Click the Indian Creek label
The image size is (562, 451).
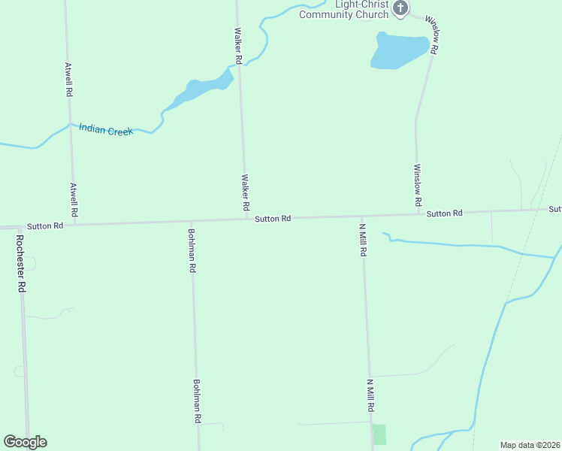click(106, 130)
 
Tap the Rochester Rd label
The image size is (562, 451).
click(21, 264)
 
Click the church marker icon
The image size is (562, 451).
click(400, 9)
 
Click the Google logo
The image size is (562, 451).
click(25, 442)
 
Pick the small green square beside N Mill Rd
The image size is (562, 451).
click(379, 434)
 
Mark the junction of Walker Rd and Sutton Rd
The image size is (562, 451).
click(244, 219)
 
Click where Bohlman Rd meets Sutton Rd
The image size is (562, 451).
click(191, 222)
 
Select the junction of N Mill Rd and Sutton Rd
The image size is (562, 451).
click(362, 216)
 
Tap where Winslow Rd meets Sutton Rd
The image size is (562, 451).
click(418, 214)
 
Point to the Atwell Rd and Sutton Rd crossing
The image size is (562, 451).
click(74, 223)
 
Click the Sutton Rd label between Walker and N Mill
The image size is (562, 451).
click(272, 219)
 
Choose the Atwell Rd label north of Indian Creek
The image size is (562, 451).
click(68, 79)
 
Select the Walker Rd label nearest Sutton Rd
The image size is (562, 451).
click(245, 192)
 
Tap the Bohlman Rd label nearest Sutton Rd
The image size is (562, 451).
click(192, 250)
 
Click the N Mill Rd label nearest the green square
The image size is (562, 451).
click(370, 395)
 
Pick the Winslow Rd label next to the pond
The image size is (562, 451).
click(431, 34)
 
